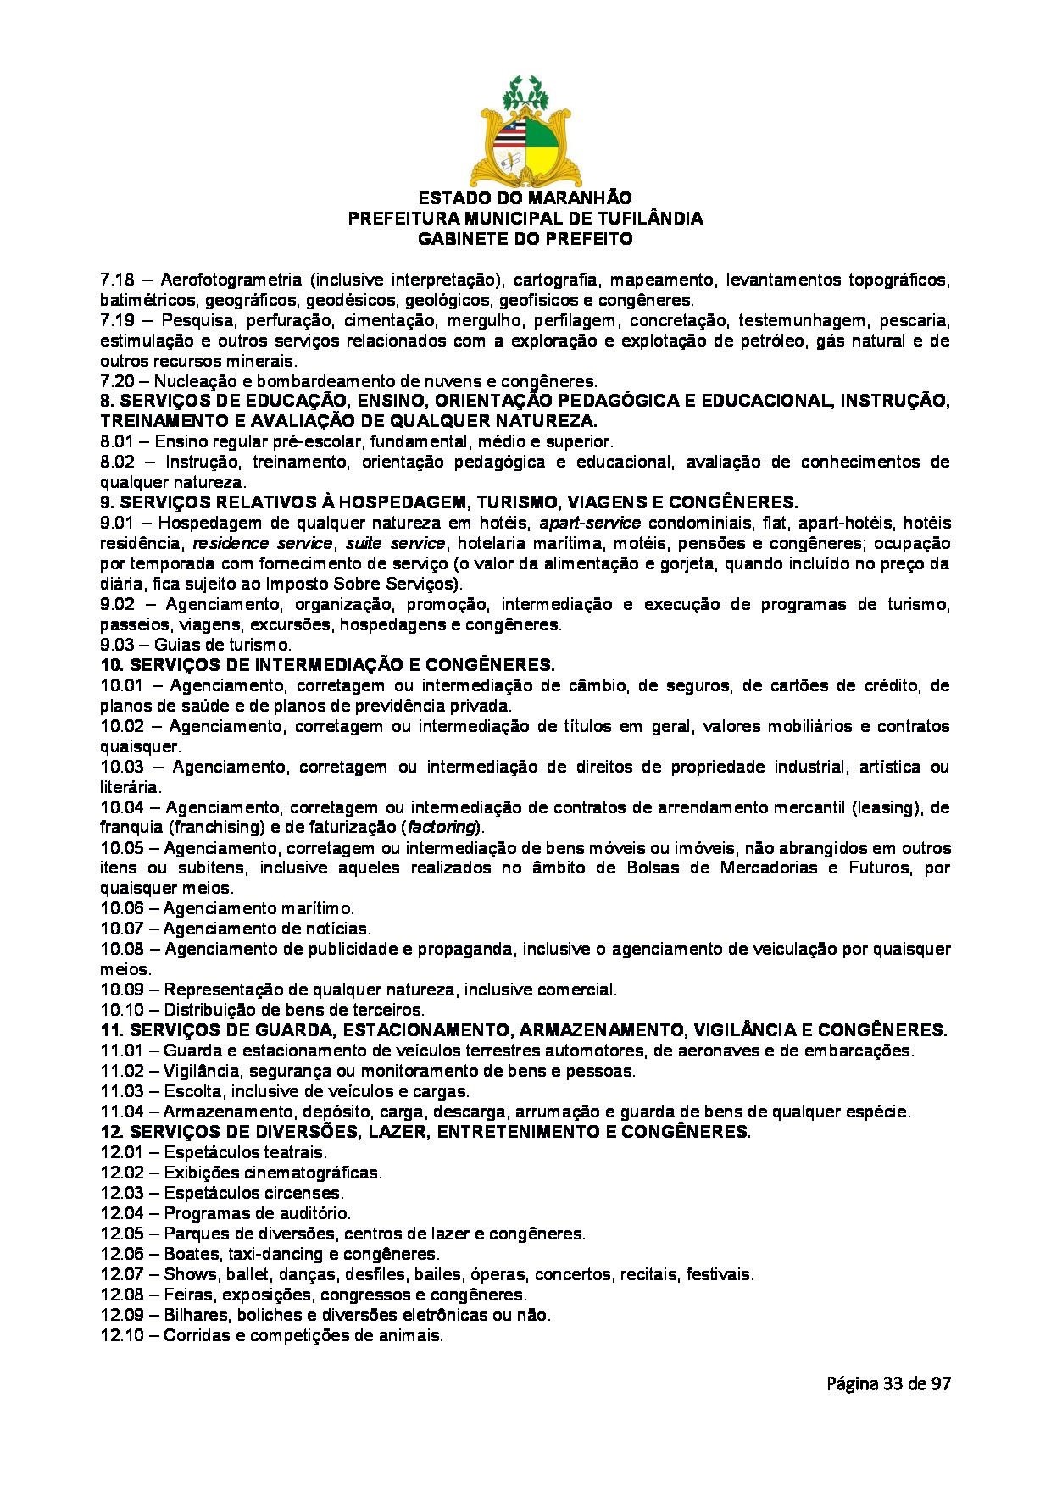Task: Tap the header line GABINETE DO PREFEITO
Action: click(525, 239)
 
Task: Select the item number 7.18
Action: click(117, 280)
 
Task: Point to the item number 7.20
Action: click(117, 381)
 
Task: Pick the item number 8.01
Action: click(117, 442)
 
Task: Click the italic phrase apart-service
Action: click(589, 524)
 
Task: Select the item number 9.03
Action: click(117, 646)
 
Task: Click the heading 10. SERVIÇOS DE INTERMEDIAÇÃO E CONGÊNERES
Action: click(327, 665)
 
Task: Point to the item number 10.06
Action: click(121, 909)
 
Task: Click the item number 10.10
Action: click(121, 1011)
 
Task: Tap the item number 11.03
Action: click(121, 1092)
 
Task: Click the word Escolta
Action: click(192, 1092)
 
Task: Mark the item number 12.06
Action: click(121, 1255)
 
